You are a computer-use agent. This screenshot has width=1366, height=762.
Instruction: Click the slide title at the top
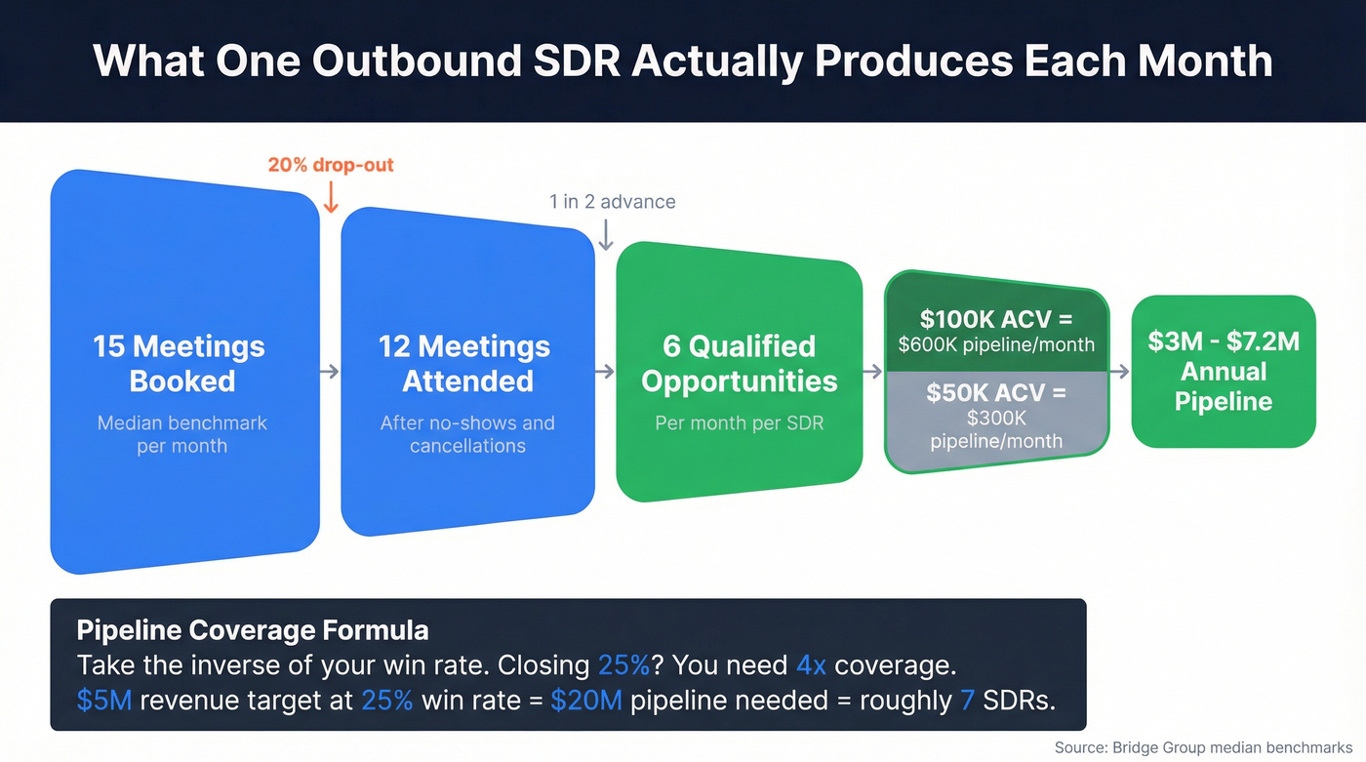pos(683,60)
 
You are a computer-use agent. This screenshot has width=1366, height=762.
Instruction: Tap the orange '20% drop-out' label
pos(331,165)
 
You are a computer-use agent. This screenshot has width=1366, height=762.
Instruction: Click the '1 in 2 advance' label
pos(612,202)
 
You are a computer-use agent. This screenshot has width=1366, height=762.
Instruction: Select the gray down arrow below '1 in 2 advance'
pos(606,234)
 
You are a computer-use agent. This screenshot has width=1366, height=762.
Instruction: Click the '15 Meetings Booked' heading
pos(179,363)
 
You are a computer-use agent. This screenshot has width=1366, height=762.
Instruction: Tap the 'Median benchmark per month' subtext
pos(181,434)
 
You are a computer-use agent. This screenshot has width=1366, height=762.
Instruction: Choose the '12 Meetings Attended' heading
pos(466,363)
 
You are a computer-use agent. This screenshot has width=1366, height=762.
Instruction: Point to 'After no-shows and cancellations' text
pos(467,434)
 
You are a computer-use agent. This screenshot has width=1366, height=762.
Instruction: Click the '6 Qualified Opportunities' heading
pos(739,363)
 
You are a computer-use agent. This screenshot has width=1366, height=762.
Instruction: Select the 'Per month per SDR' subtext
pos(739,424)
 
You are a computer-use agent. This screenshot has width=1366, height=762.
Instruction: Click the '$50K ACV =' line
pos(995,392)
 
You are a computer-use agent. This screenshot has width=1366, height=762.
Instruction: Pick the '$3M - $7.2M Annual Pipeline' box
pos(1224,371)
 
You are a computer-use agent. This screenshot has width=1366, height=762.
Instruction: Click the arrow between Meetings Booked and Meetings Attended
pos(330,371)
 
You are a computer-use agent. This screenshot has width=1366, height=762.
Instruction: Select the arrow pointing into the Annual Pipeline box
pos(1119,371)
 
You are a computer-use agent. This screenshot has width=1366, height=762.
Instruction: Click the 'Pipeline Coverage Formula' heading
pos(252,629)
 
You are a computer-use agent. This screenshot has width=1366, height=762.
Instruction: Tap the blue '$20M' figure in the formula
pos(585,701)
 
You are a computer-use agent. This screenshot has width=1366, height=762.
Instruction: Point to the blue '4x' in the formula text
pos(811,665)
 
